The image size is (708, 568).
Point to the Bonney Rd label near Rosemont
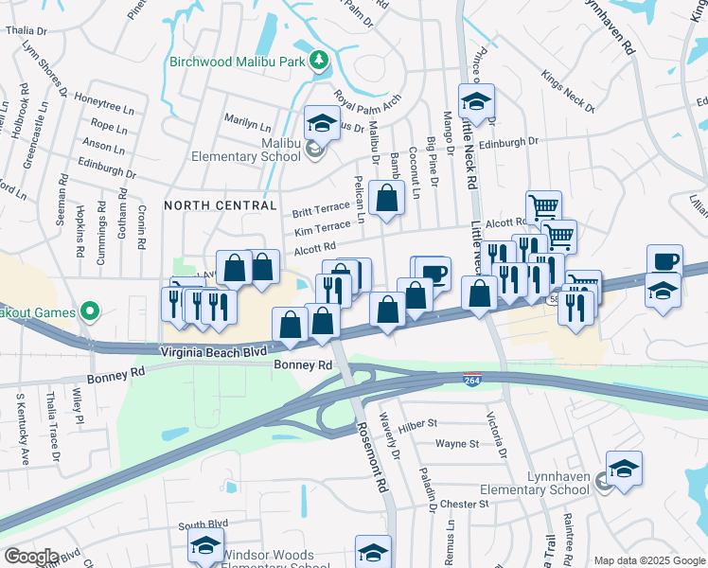tap(303, 364)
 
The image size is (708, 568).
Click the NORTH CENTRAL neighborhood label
tap(221, 204)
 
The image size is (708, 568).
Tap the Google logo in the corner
tap(31, 557)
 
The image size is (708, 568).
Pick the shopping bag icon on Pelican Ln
tap(386, 199)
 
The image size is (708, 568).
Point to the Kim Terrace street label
tap(321, 228)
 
